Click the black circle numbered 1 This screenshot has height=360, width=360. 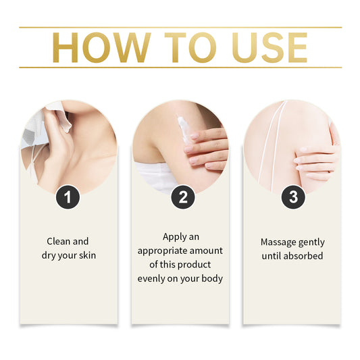68,197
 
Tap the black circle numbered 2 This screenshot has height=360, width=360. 180,197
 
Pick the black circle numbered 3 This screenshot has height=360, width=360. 292,197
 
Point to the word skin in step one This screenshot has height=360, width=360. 82,256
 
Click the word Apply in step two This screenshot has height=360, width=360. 174,237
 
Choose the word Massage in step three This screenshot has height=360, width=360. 278,241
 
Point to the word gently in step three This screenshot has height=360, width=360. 311,241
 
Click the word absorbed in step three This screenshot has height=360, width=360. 305,256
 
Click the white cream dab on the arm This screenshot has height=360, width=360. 182,126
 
